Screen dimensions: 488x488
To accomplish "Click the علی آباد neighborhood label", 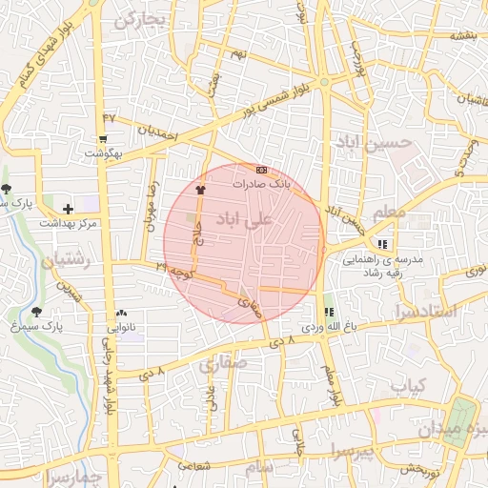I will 245,219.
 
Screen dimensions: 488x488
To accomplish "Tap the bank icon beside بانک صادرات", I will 262,169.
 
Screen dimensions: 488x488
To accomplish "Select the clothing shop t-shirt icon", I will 200,190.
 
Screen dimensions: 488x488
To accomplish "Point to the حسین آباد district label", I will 373,142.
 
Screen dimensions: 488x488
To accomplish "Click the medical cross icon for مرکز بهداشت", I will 67,208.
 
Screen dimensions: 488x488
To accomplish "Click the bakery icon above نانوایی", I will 121,313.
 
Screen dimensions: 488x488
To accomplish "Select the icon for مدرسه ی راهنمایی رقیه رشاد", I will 383,244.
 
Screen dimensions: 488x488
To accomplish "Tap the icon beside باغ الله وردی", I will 329,312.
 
